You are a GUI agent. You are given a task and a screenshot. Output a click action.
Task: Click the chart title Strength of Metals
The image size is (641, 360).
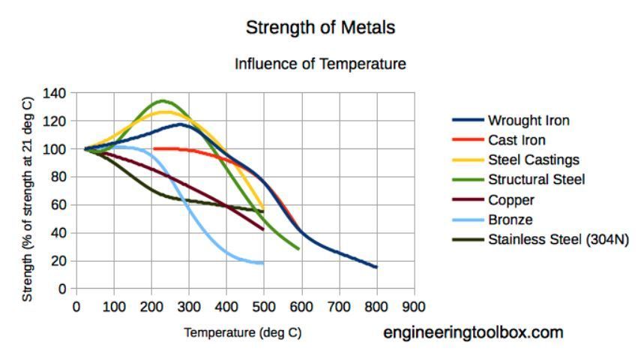pos(320,28)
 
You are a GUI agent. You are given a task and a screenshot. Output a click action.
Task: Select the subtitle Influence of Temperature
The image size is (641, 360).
pos(320,64)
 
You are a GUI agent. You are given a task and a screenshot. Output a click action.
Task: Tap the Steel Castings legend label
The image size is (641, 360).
pos(533,160)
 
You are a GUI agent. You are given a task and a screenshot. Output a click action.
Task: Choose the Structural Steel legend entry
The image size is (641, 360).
pos(536,180)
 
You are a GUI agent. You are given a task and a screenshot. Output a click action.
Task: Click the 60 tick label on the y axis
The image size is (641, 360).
pos(60,205)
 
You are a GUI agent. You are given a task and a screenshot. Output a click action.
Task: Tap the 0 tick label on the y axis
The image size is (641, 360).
pos(63,289)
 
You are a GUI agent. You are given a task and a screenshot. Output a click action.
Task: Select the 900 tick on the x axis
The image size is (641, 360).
pos(414,307)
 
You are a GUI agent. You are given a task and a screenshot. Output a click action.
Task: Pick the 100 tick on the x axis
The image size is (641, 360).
pos(114,307)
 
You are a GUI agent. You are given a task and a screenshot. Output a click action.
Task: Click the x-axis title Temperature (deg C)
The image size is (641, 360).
pos(243,333)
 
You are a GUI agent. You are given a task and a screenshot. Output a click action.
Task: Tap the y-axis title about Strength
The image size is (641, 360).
pos(28,199)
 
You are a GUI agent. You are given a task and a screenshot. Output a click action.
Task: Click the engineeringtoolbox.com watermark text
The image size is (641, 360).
pos(473,332)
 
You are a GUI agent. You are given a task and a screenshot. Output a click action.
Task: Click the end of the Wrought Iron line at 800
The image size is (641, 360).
pos(376,267)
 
